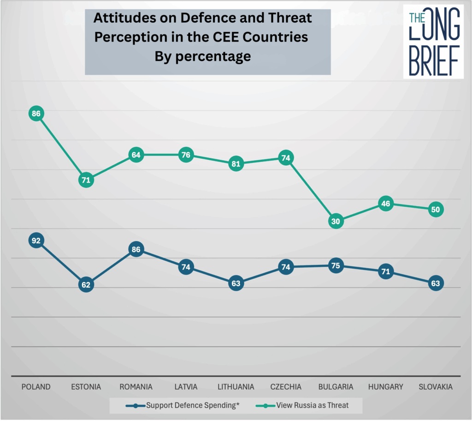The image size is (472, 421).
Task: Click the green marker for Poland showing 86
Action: click(x=36, y=114)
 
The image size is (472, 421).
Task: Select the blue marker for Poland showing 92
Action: click(x=36, y=241)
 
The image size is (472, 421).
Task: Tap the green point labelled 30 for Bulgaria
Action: click(x=336, y=222)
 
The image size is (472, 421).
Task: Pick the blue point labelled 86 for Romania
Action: click(x=136, y=250)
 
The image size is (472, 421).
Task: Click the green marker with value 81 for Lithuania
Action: click(x=236, y=164)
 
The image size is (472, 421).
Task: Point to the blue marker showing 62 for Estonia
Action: click(x=86, y=284)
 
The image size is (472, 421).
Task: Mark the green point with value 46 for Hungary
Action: click(x=386, y=204)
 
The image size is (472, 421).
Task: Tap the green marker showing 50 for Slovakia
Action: click(x=436, y=210)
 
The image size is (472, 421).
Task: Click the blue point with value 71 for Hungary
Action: click(x=386, y=271)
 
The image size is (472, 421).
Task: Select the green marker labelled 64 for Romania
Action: click(x=136, y=155)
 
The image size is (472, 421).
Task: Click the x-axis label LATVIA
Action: click(x=186, y=387)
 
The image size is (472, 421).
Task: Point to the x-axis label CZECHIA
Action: click(x=286, y=387)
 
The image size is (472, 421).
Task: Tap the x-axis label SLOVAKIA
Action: click(x=436, y=387)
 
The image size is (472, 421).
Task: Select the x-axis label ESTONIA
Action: click(x=86, y=387)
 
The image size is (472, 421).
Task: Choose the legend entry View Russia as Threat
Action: click(x=312, y=406)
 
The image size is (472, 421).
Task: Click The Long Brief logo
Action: click(x=433, y=42)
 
